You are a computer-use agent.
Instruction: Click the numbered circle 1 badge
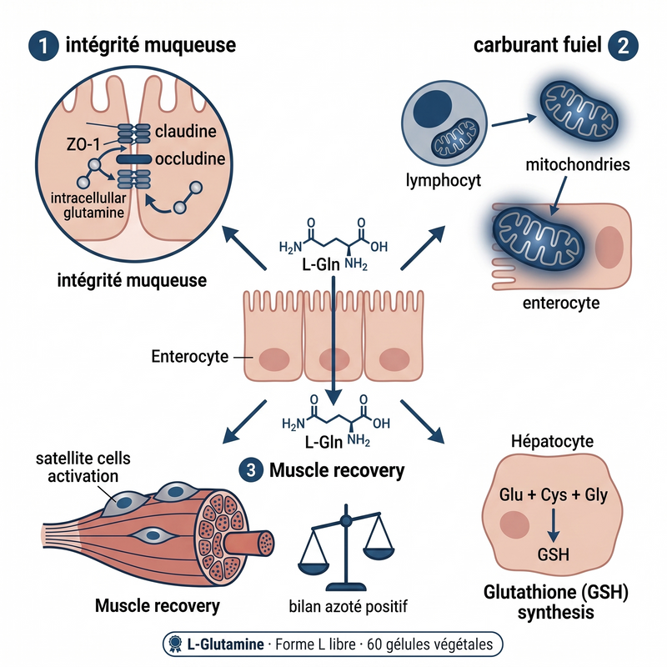[x=43, y=46]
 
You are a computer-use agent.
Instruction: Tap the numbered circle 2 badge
[x=623, y=46]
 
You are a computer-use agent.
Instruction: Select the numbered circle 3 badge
[x=251, y=470]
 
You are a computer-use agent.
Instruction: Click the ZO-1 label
[x=83, y=144]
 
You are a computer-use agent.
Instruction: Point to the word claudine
[x=185, y=131]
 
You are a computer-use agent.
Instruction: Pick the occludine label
[x=190, y=158]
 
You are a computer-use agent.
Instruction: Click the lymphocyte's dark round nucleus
[x=433, y=108]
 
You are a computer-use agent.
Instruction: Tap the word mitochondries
[x=578, y=164]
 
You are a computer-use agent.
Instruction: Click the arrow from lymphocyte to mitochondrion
[x=514, y=121]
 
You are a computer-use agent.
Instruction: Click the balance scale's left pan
[x=313, y=565]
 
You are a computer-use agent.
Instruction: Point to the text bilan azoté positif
[x=348, y=606]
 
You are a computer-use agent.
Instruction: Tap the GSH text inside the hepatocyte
[x=553, y=554]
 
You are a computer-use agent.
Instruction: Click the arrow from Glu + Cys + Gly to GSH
[x=553, y=526]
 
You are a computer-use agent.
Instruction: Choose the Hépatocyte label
[x=552, y=442]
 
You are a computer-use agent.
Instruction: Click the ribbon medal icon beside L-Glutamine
[x=175, y=644]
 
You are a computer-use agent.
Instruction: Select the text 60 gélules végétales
[x=429, y=644]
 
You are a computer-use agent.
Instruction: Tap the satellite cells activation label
[x=83, y=467]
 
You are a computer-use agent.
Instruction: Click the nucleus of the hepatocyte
[x=514, y=524]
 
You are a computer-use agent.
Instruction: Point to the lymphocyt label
[x=444, y=181]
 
